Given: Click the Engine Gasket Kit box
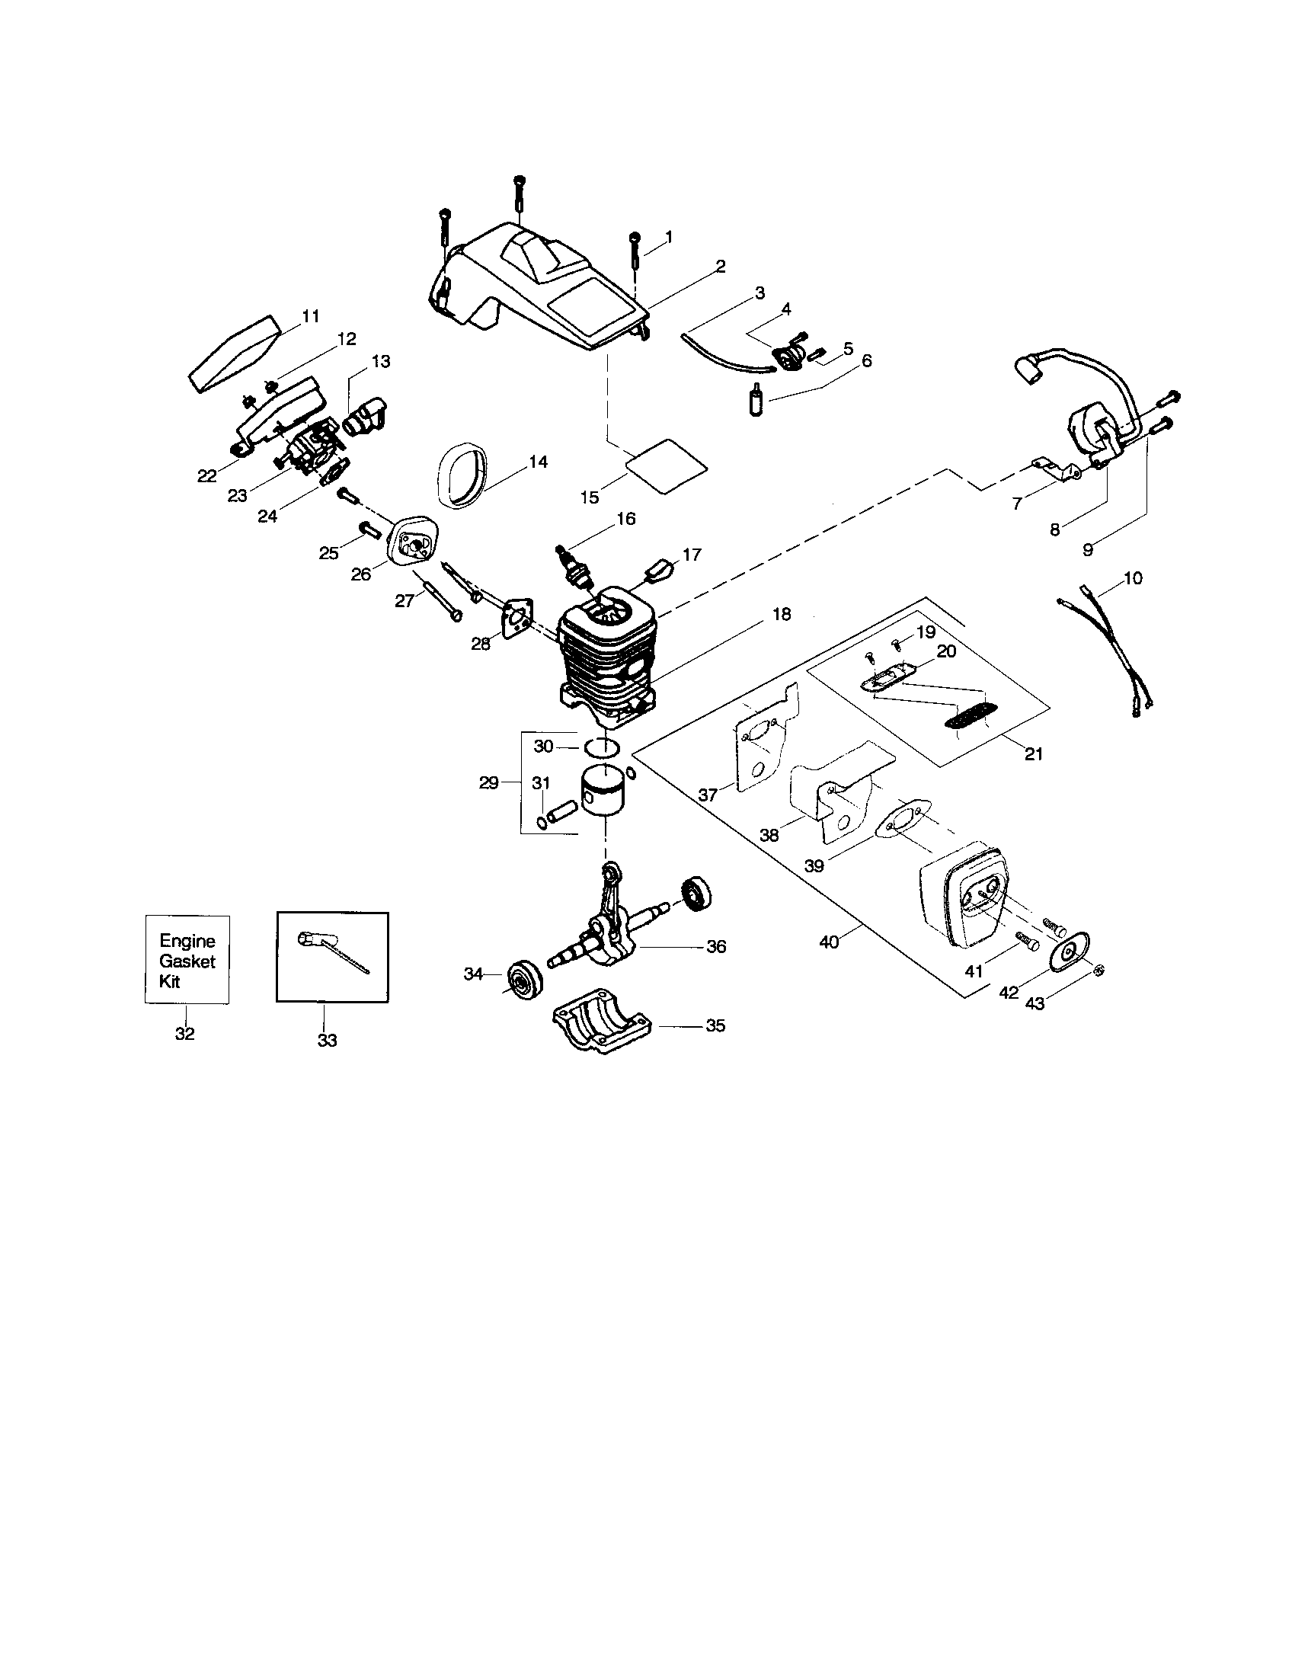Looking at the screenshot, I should [187, 959].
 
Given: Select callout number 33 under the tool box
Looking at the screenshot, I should [327, 1041].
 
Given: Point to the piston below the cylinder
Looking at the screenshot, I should [604, 791].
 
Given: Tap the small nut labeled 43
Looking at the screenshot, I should [1097, 971].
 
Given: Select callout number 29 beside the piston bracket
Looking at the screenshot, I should [488, 782].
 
